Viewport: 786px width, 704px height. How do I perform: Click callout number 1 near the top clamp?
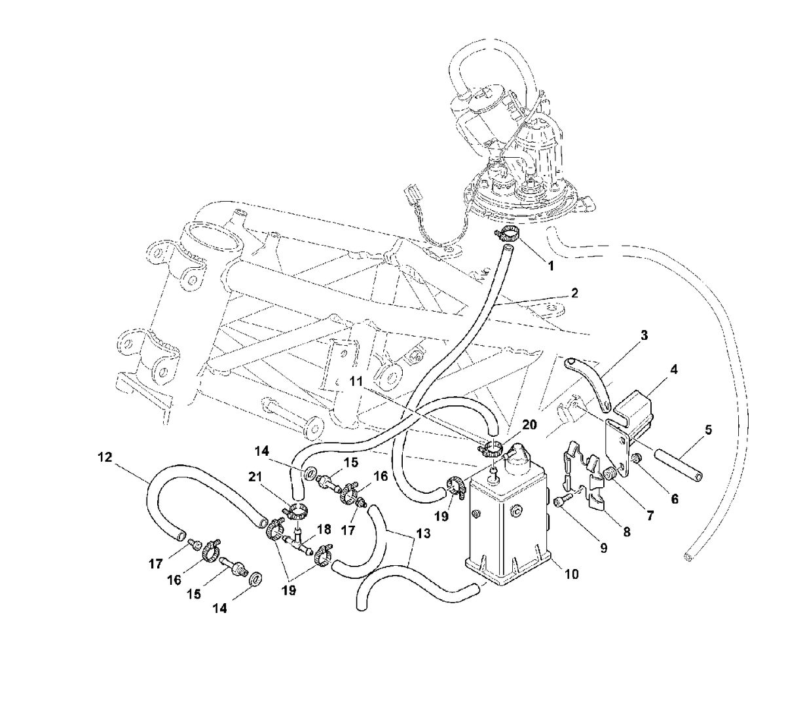(550, 265)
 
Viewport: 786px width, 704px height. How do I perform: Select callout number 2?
(574, 293)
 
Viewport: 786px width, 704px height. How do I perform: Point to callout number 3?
(644, 335)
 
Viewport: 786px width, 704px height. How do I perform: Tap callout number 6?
(674, 499)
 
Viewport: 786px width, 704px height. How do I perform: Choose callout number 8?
(626, 532)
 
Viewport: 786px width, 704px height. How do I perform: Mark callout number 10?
(571, 574)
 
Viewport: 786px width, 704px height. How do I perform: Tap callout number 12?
(105, 457)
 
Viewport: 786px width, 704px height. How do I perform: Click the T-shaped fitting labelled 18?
(298, 542)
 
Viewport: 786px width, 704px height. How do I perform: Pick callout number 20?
(529, 425)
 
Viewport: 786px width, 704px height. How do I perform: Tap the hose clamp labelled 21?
(296, 511)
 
